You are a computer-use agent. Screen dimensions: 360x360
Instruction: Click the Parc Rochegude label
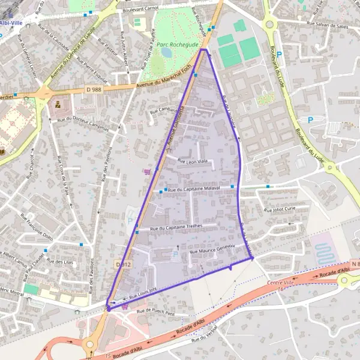point(178,44)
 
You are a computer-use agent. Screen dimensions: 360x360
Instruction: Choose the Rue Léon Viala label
point(192,160)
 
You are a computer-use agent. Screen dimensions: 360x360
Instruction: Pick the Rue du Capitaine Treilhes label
point(178,228)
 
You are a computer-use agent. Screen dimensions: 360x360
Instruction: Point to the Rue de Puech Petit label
point(155,312)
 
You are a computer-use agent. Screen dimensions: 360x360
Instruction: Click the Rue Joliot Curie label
point(280,209)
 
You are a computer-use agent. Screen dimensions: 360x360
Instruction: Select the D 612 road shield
point(122,264)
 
